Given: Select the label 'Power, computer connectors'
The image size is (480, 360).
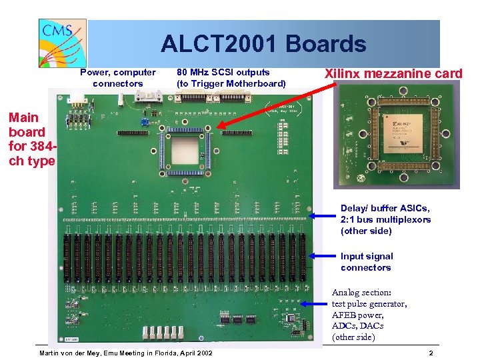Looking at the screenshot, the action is pyautogui.click(x=117, y=78).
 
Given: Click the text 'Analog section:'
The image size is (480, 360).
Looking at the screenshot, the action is pyautogui.click(x=361, y=293).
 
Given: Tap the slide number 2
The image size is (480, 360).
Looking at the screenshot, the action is pyautogui.click(x=431, y=353).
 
